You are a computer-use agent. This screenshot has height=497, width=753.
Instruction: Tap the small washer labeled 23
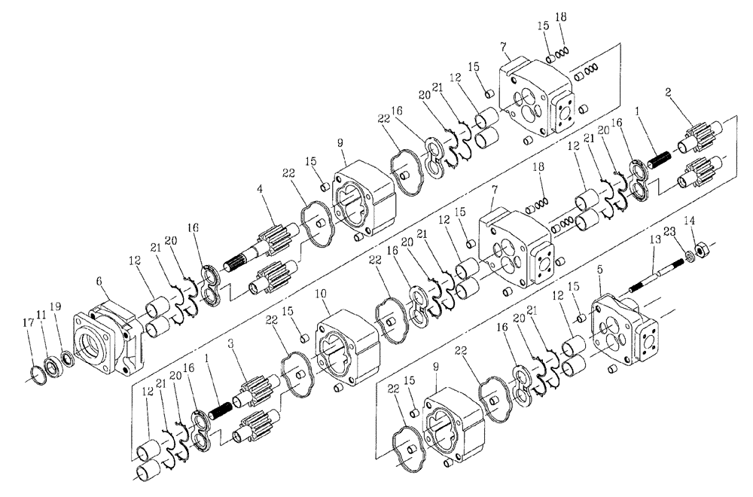[x=687, y=257]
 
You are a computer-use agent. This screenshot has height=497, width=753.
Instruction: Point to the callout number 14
[x=691, y=220]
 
